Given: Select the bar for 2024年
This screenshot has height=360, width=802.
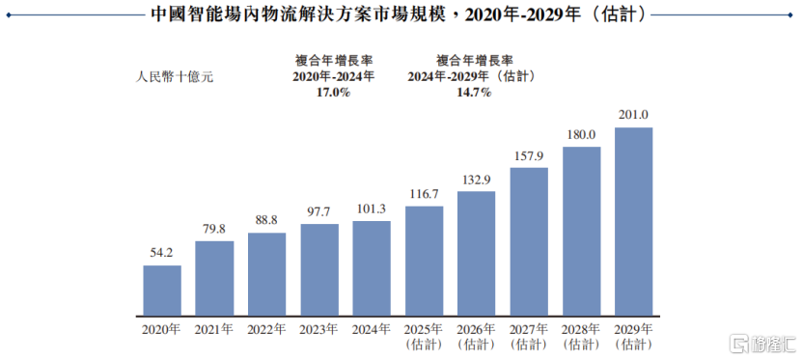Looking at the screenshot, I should point(372,269).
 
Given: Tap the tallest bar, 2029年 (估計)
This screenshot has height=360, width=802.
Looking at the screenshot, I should point(633,223).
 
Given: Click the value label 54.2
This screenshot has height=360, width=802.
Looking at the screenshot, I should point(162,253).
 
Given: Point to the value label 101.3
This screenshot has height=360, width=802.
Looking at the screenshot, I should point(372,208).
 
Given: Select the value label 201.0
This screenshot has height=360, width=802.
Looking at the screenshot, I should point(633,115).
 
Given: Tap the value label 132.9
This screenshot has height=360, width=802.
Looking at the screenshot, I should point(476,179).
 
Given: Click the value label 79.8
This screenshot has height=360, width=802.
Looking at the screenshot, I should point(214,229).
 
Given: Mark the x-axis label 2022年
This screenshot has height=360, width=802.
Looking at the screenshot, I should point(266,329).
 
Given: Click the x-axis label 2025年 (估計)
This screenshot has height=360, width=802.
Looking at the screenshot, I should point(424,336).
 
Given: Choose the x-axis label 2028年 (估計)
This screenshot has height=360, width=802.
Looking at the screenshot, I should point(581,336).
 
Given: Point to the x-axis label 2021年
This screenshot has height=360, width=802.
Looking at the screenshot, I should point(214,329).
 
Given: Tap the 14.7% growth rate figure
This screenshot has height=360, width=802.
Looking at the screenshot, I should point(475,93).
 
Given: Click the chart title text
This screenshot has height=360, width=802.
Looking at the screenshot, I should point(401,15).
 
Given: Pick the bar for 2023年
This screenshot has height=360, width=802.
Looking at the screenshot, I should point(319,271).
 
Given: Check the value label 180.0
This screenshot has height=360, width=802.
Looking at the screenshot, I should point(581,134).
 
